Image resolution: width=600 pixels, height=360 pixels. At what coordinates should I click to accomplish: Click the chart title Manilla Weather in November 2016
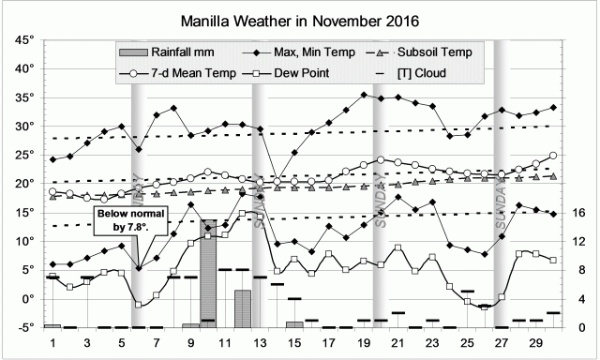click(300, 18)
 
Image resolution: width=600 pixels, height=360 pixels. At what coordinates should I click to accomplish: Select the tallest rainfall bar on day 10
click(208, 274)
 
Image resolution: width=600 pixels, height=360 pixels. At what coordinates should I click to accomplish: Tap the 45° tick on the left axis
click(22, 39)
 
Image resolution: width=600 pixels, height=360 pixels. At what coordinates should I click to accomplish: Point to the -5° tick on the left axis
click(22, 327)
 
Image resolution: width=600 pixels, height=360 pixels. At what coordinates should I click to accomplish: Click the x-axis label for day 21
click(397, 343)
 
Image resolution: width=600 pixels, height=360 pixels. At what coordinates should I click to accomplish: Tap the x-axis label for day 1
click(53, 343)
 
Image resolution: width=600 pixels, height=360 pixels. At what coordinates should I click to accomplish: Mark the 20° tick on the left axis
click(22, 184)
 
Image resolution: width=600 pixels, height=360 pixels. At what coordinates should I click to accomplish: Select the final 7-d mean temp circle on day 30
click(553, 156)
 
